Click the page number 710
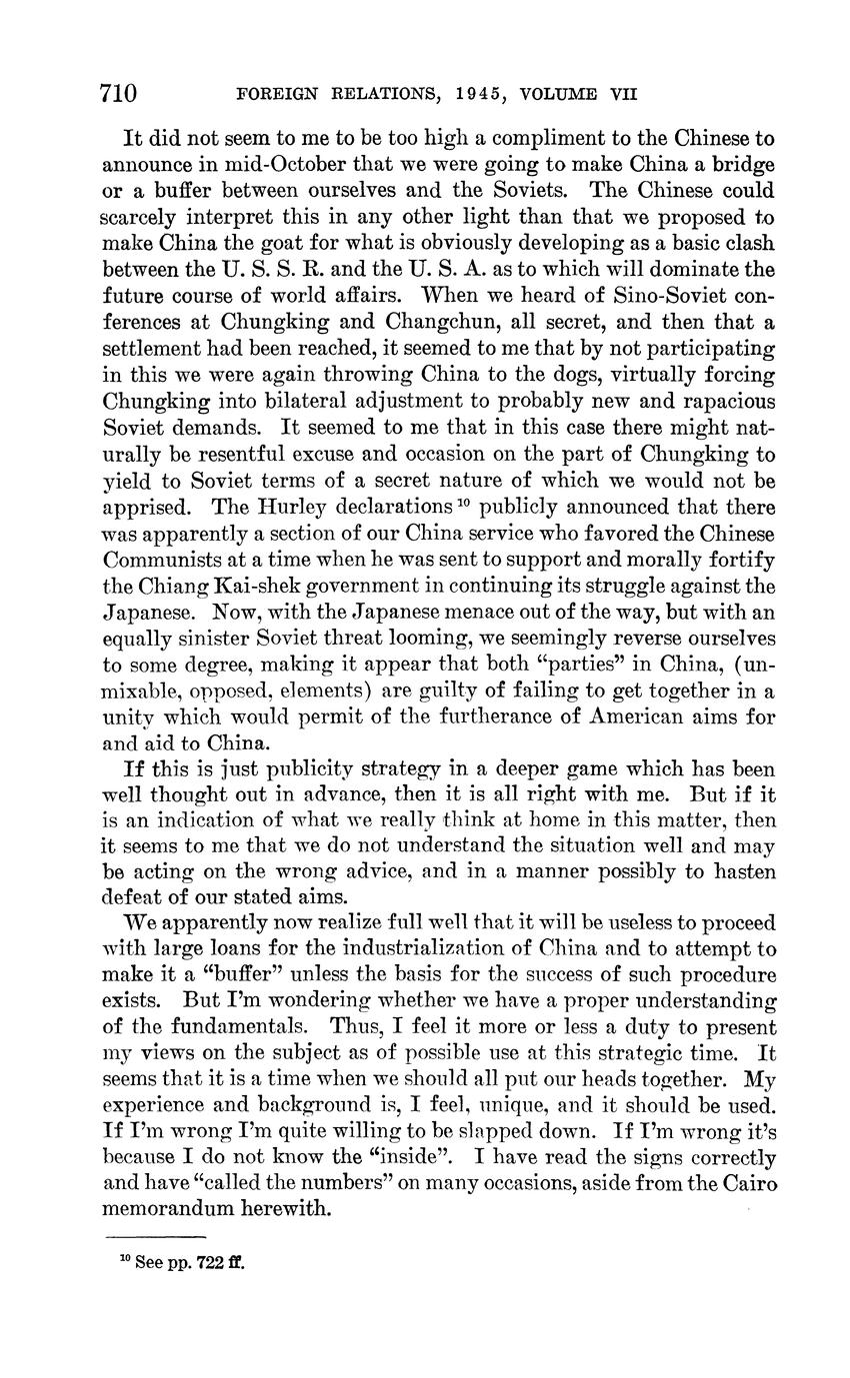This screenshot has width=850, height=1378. point(118,94)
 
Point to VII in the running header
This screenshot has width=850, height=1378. point(623,95)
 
